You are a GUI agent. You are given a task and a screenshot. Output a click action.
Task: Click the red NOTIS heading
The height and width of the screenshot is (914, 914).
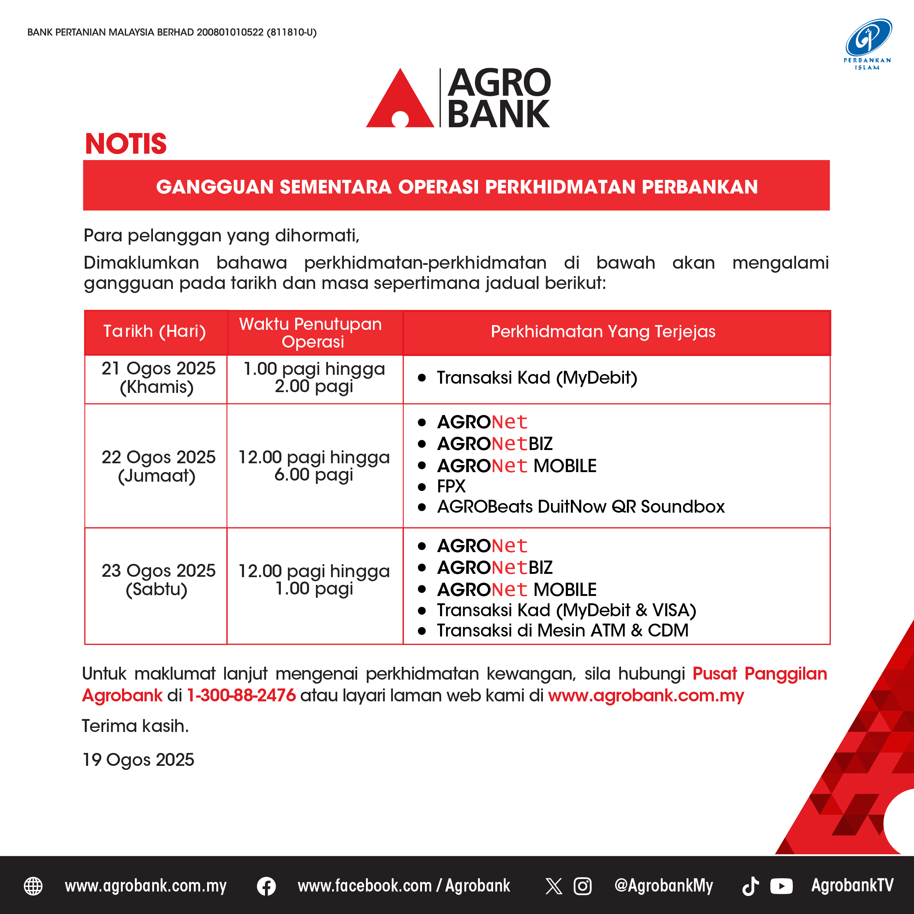coord(126,144)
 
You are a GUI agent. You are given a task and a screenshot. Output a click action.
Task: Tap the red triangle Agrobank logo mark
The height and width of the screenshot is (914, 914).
coord(400,98)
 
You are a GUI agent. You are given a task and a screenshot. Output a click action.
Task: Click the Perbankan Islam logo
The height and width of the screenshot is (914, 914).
coord(868,44)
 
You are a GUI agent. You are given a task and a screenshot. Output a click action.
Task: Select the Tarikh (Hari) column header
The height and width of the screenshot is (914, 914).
coord(155,331)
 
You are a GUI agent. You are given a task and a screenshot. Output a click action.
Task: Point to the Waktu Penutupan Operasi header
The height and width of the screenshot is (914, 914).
coord(310,332)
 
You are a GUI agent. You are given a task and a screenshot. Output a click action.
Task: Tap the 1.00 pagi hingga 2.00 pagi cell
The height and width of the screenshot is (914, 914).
coord(314,377)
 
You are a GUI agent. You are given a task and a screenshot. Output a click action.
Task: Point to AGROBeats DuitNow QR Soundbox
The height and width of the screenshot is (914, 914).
coord(581,507)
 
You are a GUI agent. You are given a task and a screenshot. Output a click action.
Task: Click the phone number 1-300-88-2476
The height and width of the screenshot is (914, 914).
coord(241,695)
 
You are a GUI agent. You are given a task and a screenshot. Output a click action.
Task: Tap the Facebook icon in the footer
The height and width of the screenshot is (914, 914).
coord(266,886)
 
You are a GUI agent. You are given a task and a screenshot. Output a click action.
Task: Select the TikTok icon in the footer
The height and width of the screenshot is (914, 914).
coord(751,886)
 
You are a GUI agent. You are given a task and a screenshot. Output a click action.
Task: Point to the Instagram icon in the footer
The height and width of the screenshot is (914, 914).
coord(582,886)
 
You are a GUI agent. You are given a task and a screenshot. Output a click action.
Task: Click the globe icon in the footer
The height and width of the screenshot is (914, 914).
coord(33,886)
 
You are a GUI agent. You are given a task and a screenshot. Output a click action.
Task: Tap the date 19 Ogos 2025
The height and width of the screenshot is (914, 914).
coord(138,760)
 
